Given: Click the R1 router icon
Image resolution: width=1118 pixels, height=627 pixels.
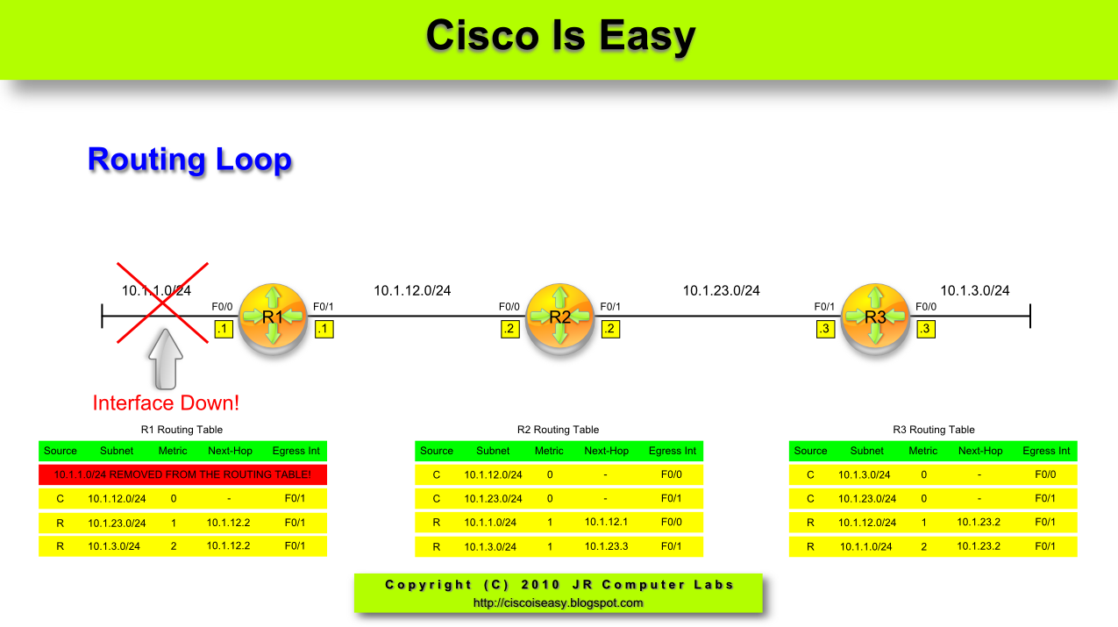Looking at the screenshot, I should click(x=273, y=317).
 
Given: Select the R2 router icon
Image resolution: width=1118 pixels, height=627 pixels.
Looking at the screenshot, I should click(x=560, y=317).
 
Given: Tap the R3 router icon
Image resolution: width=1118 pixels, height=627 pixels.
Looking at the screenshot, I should click(x=875, y=317).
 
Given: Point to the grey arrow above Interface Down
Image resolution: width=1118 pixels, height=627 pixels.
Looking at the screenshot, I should click(x=166, y=359).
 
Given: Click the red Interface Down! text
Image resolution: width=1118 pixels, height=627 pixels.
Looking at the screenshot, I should click(x=166, y=403).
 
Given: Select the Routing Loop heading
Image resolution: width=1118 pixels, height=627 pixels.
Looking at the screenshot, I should click(x=189, y=160).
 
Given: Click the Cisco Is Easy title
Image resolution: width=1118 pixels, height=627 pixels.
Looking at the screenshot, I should click(x=560, y=37).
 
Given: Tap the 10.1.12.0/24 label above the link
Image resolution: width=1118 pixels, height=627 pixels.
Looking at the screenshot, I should click(x=412, y=290).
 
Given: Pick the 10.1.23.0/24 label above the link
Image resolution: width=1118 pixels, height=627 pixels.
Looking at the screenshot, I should click(x=721, y=290).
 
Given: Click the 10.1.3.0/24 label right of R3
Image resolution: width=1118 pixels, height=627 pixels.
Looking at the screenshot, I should click(x=974, y=290).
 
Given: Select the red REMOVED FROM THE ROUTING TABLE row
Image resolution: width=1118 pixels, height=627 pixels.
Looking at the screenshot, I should click(x=182, y=474).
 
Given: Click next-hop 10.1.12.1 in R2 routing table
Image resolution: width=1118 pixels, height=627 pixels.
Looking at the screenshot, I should click(x=607, y=523).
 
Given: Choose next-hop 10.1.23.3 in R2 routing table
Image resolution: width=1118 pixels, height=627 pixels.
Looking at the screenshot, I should click(x=607, y=546).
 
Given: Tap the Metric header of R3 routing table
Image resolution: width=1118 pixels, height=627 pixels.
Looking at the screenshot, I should click(x=922, y=451).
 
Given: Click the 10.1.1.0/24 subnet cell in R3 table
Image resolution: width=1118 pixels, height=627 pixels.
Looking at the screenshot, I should click(x=866, y=546).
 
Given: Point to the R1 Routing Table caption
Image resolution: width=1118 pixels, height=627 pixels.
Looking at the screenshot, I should click(x=182, y=430).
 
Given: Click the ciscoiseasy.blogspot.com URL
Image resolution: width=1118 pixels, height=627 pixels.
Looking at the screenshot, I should click(x=559, y=602).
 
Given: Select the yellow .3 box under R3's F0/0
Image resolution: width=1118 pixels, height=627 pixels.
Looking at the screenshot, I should click(x=925, y=330).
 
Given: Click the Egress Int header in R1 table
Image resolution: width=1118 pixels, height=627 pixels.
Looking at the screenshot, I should click(x=296, y=451).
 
